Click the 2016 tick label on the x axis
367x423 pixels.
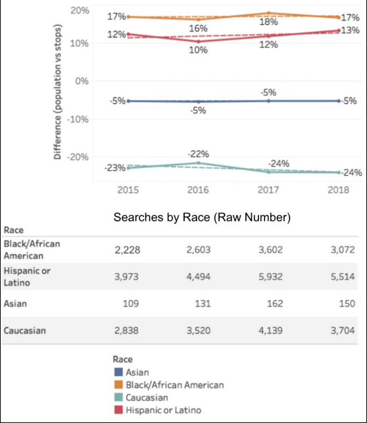tap(198, 190)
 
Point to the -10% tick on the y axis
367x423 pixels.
tap(78, 119)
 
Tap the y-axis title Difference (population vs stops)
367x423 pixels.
tap(57, 91)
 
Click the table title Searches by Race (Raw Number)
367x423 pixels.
tap(202, 217)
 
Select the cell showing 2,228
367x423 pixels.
tap(128, 250)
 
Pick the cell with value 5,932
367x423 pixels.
tap(270, 277)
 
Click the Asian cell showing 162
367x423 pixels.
tap(275, 304)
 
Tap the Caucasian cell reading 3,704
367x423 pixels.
tap(343, 330)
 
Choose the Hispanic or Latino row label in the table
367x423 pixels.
tap(27, 277)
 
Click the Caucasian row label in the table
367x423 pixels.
tap(24, 330)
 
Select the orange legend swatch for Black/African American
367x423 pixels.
tap(118, 385)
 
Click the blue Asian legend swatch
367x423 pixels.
tap(118, 372)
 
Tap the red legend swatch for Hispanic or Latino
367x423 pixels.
tap(118, 410)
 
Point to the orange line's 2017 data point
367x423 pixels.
tap(268, 13)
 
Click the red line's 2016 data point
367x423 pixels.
tap(199, 41)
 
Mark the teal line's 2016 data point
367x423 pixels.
tap(199, 163)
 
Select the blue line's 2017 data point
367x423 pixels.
tap(268, 101)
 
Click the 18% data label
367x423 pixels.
tap(268, 22)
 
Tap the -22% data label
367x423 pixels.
tap(198, 154)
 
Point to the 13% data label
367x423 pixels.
tap(351, 30)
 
